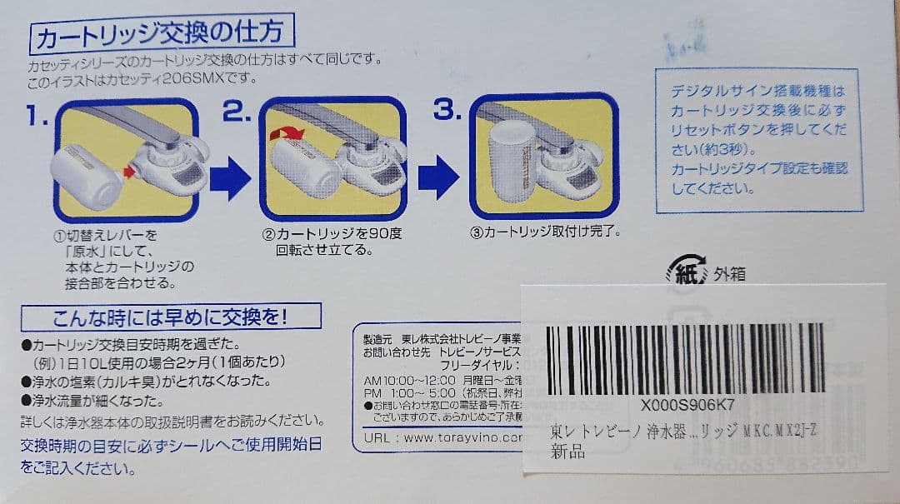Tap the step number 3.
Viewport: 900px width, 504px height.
[x=447, y=111]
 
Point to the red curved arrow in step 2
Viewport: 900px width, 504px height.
[x=292, y=133]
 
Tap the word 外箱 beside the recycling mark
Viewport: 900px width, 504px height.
[x=729, y=274]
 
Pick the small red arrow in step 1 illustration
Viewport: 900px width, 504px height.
[x=129, y=172]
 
